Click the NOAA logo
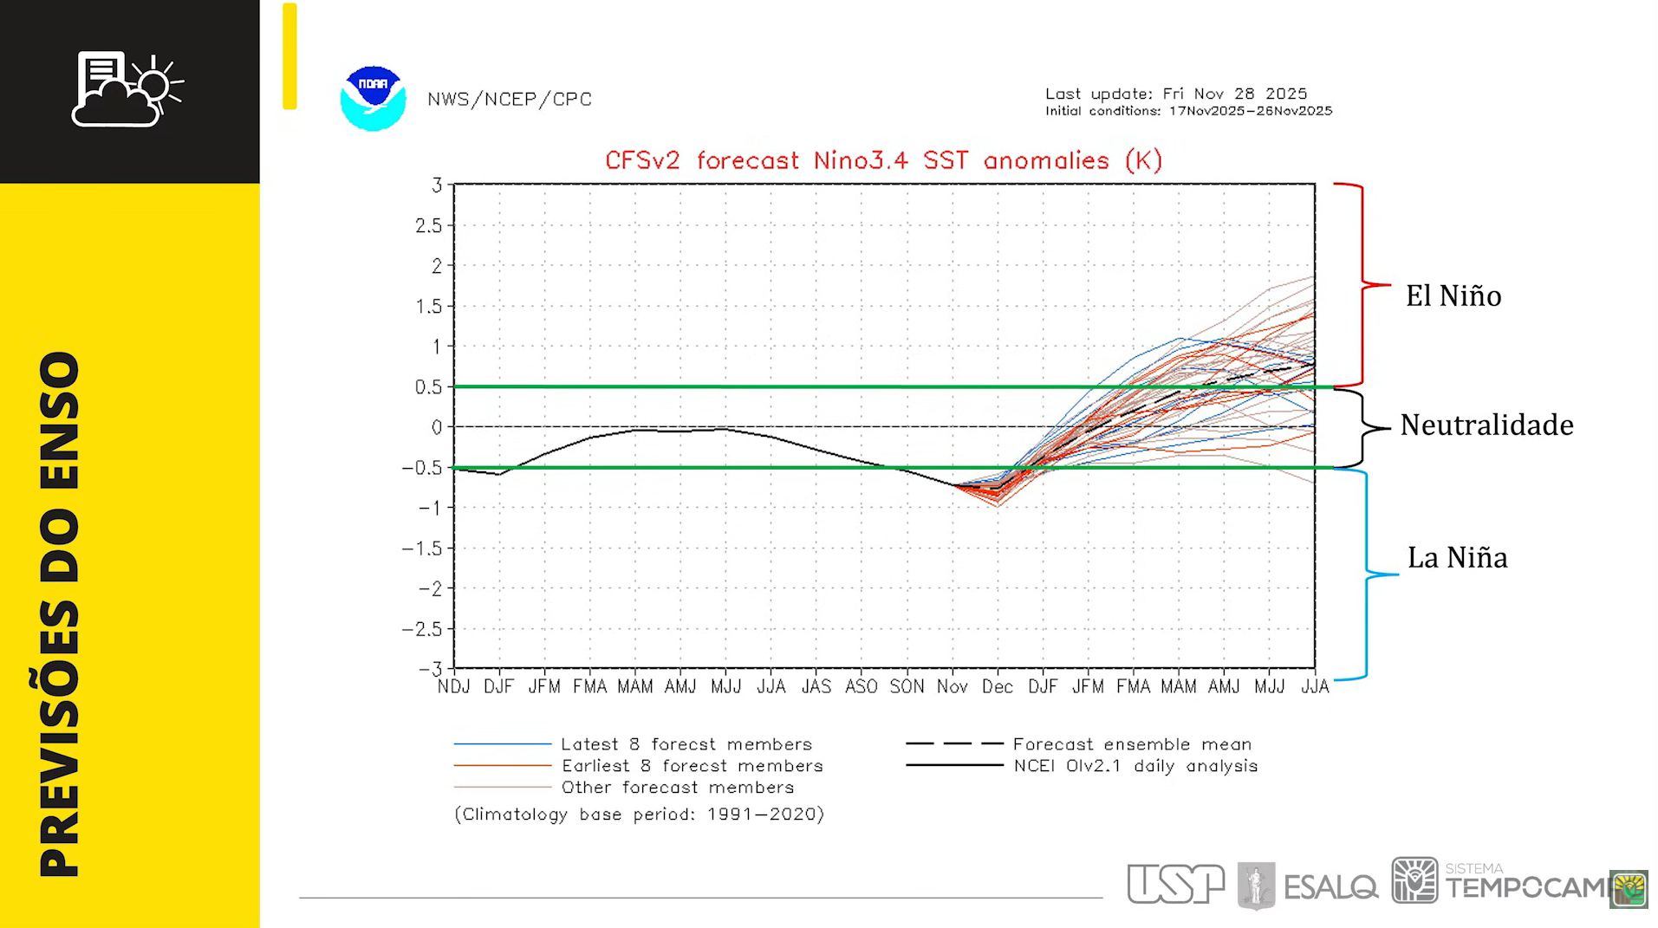tap(373, 99)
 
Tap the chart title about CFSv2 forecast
tap(883, 160)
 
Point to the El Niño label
tap(1453, 296)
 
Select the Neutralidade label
tap(1486, 425)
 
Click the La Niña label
tap(1457, 557)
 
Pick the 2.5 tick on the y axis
tap(428, 225)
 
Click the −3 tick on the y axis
tap(429, 669)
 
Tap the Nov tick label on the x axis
tap(952, 687)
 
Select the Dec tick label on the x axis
tap(998, 687)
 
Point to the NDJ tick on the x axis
tap(453, 687)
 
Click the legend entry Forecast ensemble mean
tap(1131, 744)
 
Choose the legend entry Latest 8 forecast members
tap(686, 744)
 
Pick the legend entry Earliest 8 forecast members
tap(692, 766)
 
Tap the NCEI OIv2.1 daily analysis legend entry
tap(1135, 766)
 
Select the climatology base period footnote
tap(639, 814)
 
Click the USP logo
tap(1175, 884)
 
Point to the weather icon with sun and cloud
tap(128, 89)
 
